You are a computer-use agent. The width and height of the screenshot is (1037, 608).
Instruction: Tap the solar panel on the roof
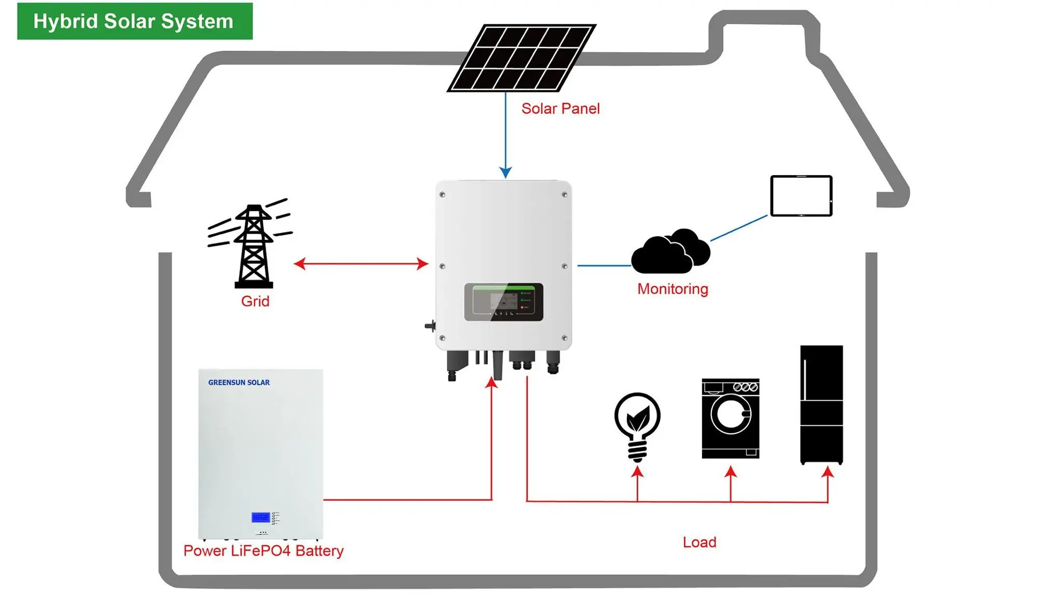(521, 58)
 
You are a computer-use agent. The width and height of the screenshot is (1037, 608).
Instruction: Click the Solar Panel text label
(560, 109)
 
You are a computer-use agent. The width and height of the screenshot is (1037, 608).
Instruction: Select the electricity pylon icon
(253, 244)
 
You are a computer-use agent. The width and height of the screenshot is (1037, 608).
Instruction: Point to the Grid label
(255, 301)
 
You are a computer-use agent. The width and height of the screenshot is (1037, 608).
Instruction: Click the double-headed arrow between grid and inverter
(361, 264)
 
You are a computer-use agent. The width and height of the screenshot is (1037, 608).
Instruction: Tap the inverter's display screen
(503, 302)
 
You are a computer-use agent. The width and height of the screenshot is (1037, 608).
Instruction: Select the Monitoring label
(672, 289)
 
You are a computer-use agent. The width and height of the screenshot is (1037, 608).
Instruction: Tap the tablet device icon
(801, 196)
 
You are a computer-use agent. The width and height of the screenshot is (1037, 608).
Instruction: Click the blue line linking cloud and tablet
(739, 228)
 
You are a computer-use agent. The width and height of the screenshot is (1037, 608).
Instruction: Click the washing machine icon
(730, 418)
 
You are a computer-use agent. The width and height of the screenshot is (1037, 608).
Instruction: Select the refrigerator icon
(821, 404)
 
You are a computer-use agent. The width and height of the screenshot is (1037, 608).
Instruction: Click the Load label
(699, 542)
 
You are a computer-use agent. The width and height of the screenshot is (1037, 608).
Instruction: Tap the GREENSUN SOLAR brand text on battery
(239, 383)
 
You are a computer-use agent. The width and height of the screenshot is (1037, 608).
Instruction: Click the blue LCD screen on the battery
(260, 517)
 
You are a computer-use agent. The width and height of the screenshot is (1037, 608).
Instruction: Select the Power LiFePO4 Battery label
(263, 550)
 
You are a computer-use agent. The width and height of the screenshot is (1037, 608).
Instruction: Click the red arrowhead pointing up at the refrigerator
(828, 472)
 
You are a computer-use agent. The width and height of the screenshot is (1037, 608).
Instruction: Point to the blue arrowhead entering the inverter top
(506, 173)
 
